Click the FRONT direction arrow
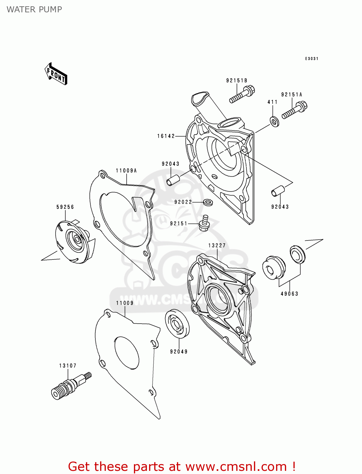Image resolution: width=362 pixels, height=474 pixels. pos(56,74)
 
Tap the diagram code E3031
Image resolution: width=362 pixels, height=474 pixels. pos(311,58)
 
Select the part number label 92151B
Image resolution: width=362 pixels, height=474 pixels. pos(236,81)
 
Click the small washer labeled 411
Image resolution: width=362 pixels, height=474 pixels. pos(274,122)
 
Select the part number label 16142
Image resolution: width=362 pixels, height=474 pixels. pos(166,136)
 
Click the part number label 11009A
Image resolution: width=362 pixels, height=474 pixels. pos(126,171)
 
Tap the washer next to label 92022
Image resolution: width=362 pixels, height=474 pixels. pos(208,203)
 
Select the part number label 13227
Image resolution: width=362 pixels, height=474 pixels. pos(217,245)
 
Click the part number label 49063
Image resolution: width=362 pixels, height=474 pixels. pos(289,294)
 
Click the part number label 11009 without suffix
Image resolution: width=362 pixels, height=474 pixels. pos(124,303)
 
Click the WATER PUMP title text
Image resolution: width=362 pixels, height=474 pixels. pos(34,9)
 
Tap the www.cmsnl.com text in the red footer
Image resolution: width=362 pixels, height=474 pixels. pos(236,466)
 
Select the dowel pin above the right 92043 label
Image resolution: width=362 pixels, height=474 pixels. pos(278,191)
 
